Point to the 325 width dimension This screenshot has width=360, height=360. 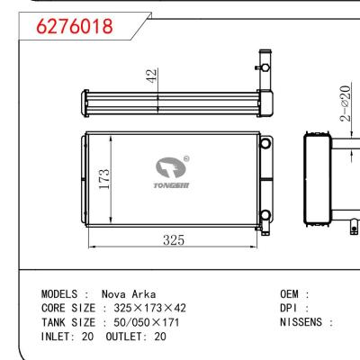(x=175, y=239)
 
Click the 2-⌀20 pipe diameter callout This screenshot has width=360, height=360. (x=344, y=107)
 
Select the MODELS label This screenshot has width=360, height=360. (x=64, y=294)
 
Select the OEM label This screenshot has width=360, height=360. (x=291, y=294)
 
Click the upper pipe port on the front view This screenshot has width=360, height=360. (x=265, y=143)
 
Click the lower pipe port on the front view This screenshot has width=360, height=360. (x=265, y=213)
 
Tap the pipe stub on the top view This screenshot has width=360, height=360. (x=265, y=67)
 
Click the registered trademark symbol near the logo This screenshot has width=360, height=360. (x=185, y=158)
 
